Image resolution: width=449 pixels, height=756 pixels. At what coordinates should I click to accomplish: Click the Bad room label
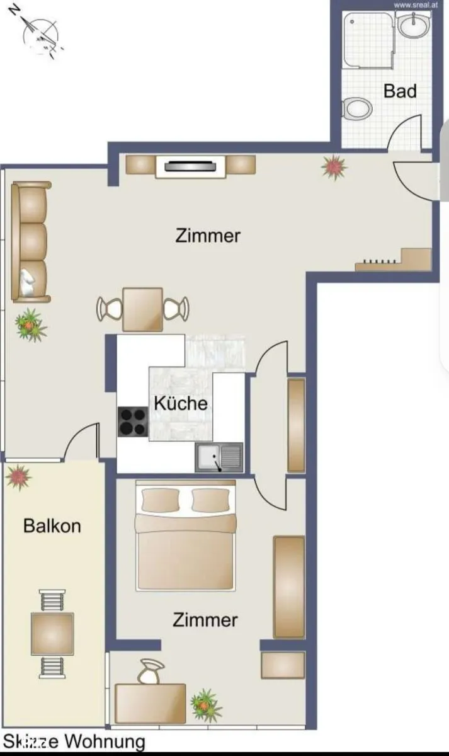click(x=400, y=91)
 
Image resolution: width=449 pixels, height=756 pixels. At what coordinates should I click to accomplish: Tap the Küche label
click(x=181, y=403)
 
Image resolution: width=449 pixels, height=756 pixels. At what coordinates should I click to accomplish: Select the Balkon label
click(x=52, y=526)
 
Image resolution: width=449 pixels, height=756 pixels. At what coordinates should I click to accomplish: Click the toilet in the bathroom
click(x=357, y=108)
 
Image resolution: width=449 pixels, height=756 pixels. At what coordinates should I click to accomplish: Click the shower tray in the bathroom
click(x=369, y=40)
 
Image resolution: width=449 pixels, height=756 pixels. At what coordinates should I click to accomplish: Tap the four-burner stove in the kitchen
click(x=133, y=422)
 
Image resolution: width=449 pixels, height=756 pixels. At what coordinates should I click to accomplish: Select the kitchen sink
click(x=219, y=457)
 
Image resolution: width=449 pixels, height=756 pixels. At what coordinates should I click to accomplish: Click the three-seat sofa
click(x=30, y=242)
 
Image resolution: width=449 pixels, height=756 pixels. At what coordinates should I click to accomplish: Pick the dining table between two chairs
click(x=143, y=309)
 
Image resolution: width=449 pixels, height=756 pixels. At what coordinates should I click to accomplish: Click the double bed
click(x=185, y=535)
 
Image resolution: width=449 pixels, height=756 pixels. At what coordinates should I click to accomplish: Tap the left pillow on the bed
click(x=160, y=500)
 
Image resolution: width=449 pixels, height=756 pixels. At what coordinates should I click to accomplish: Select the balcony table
click(x=52, y=634)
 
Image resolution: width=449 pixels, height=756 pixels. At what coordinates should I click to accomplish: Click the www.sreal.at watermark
click(x=416, y=5)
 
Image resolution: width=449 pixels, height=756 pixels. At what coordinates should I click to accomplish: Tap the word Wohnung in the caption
click(x=105, y=741)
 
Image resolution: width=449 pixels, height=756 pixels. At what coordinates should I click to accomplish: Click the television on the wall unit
click(x=190, y=166)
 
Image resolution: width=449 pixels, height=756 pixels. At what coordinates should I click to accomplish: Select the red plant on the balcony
click(x=18, y=476)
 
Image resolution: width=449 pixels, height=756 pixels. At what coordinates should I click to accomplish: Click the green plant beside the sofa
click(x=30, y=325)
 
